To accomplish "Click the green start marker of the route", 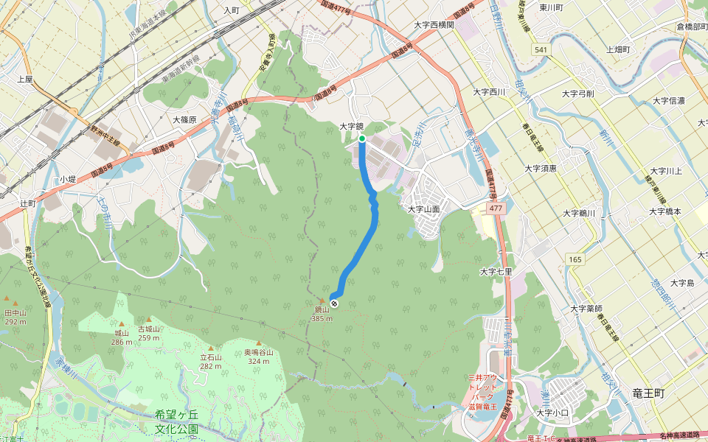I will (x=362, y=138).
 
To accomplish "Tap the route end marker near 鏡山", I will (x=335, y=304).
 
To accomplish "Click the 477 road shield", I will (x=496, y=209).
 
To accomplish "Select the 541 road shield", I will (x=542, y=49).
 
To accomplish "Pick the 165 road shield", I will (x=575, y=259).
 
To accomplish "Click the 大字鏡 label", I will (x=353, y=126).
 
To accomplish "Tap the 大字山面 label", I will (x=424, y=209).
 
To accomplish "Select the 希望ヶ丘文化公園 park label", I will (x=177, y=421).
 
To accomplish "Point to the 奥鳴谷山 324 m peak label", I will (x=259, y=357).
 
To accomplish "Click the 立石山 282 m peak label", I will (x=211, y=361).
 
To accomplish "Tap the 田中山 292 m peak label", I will (x=15, y=317).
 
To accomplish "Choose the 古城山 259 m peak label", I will (x=149, y=333).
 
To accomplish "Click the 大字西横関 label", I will (x=434, y=24).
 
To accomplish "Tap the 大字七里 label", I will (x=496, y=271).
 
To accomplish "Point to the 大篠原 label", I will (x=184, y=119).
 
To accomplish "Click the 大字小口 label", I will (x=552, y=413).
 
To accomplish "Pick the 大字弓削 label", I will (x=577, y=94).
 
